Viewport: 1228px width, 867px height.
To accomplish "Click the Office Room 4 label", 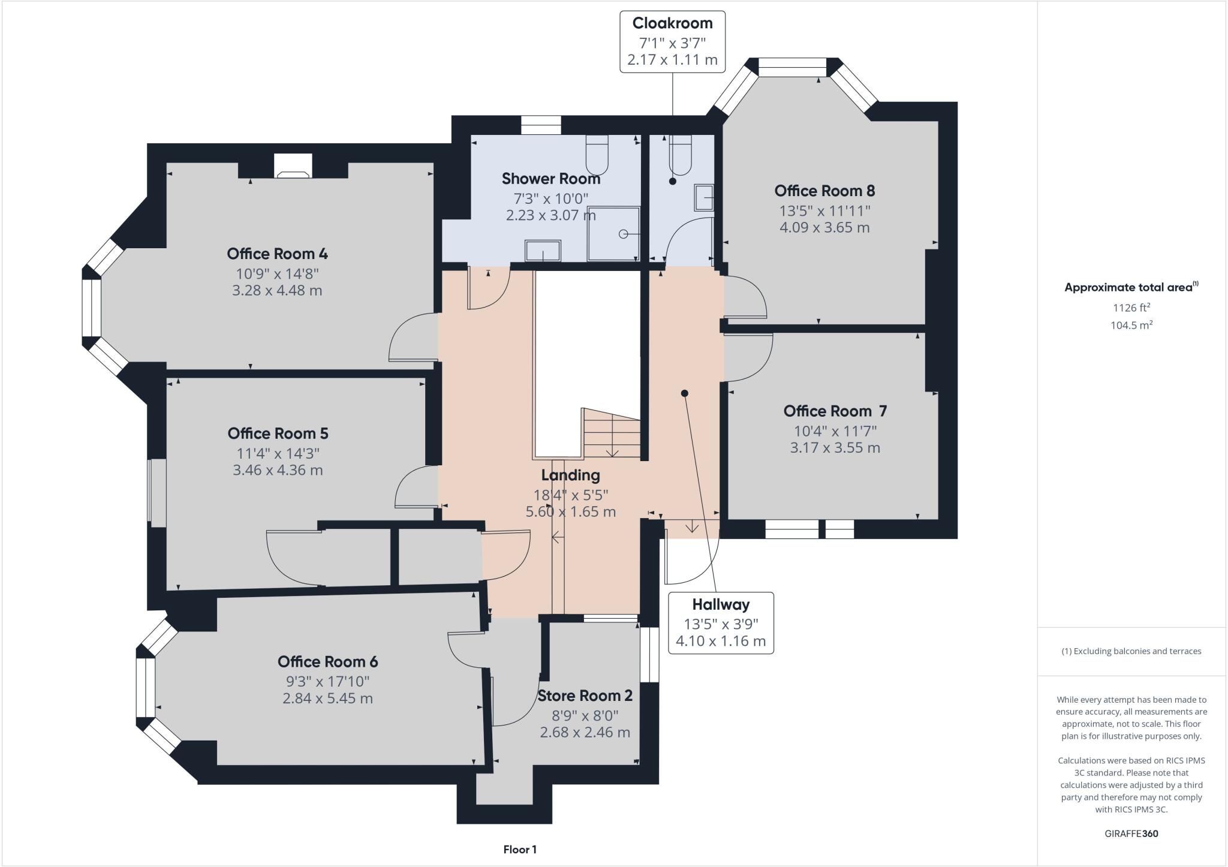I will [x=277, y=254].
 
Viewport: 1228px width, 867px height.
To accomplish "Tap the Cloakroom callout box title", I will [x=672, y=23].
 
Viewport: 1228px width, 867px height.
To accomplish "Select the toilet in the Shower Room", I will [x=597, y=153].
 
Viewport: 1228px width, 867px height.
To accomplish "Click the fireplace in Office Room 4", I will [x=293, y=167].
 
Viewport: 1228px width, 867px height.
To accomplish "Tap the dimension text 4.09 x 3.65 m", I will [x=824, y=228].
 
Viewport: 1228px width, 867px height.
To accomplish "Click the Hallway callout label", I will [x=721, y=604].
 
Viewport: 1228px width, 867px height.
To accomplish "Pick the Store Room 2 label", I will [x=585, y=696].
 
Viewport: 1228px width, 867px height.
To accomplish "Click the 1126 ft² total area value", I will [x=1131, y=308].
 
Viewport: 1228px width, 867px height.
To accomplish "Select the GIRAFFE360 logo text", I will [x=1131, y=833].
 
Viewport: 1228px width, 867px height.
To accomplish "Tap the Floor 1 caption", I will [x=520, y=850].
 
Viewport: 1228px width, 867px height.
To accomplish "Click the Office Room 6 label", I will [x=327, y=662].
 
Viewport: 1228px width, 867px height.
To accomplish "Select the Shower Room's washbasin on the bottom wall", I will [x=543, y=251].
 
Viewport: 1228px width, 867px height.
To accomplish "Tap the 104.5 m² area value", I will [x=1131, y=326].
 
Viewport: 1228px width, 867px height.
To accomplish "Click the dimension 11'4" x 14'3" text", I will [x=278, y=453].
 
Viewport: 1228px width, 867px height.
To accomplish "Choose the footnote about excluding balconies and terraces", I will [x=1131, y=651].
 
